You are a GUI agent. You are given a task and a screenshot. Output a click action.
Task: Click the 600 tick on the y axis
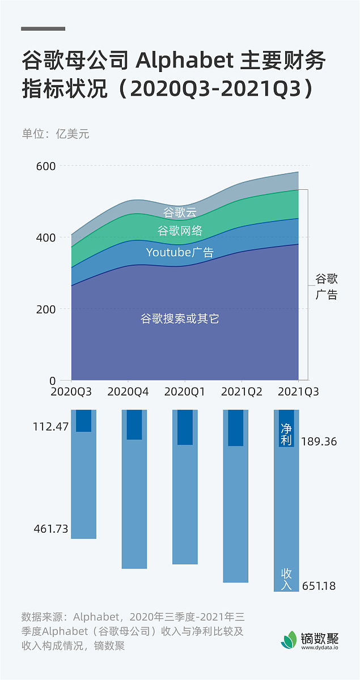pos(46,166)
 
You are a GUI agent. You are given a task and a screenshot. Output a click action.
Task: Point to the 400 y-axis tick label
pos(46,237)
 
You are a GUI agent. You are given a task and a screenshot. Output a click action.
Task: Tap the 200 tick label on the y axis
pos(46,309)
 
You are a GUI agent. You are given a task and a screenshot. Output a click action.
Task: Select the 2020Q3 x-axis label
pos(71,392)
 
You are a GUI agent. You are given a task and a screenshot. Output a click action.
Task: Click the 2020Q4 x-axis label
pos(128,392)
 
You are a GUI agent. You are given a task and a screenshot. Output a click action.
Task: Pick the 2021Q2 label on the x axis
pos(242,392)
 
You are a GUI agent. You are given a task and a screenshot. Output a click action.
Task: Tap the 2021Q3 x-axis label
pos(298,392)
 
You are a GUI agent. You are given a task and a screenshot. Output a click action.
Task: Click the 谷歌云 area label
pos(180,213)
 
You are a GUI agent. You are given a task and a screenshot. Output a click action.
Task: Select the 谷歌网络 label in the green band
pos(180,231)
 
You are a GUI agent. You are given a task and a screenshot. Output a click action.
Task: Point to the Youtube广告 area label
pos(180,253)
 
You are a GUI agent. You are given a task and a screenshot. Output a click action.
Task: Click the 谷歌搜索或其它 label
pos(180,319)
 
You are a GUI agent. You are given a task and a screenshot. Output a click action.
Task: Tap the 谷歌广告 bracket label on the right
pos(326,287)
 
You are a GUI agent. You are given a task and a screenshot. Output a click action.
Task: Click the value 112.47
pos(51,426)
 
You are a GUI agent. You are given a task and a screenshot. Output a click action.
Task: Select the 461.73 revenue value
pos(51,529)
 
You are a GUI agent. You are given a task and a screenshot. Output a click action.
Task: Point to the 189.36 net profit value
pos(319,441)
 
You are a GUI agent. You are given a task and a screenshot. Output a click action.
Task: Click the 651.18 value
pos(319,586)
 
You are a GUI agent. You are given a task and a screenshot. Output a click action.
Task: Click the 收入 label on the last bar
pos(286,579)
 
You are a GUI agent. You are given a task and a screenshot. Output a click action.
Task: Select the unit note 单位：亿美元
pos(56,134)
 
